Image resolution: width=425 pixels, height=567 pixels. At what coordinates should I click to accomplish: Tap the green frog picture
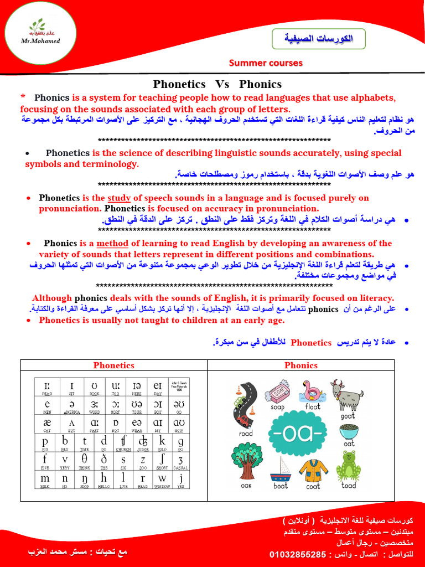349,465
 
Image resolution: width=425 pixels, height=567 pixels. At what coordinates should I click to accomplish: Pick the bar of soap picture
277,392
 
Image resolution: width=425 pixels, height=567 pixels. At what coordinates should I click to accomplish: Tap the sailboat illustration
281,468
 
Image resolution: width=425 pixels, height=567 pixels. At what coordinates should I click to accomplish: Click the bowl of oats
349,430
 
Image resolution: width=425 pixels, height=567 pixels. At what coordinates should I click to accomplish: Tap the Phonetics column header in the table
113,365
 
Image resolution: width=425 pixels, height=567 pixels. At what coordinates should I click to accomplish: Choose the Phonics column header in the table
301,365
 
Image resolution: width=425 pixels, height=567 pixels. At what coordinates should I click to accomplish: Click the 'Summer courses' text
266,63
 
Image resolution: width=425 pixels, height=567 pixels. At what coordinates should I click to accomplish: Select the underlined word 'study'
115,198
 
